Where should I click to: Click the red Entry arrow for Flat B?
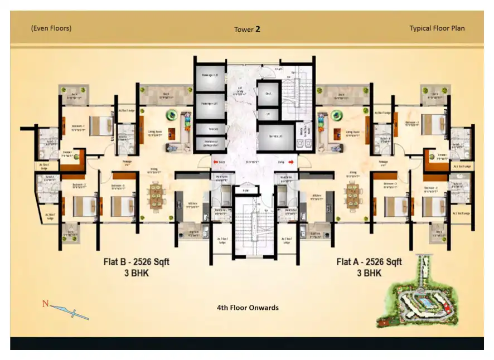215,162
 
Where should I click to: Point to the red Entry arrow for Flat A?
291,162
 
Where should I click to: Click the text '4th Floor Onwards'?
247,308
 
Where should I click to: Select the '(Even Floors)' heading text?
51,28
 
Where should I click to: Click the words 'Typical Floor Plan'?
437,28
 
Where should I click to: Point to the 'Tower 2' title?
247,29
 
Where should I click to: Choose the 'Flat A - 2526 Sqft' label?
369,261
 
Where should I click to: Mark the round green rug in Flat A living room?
337,115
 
